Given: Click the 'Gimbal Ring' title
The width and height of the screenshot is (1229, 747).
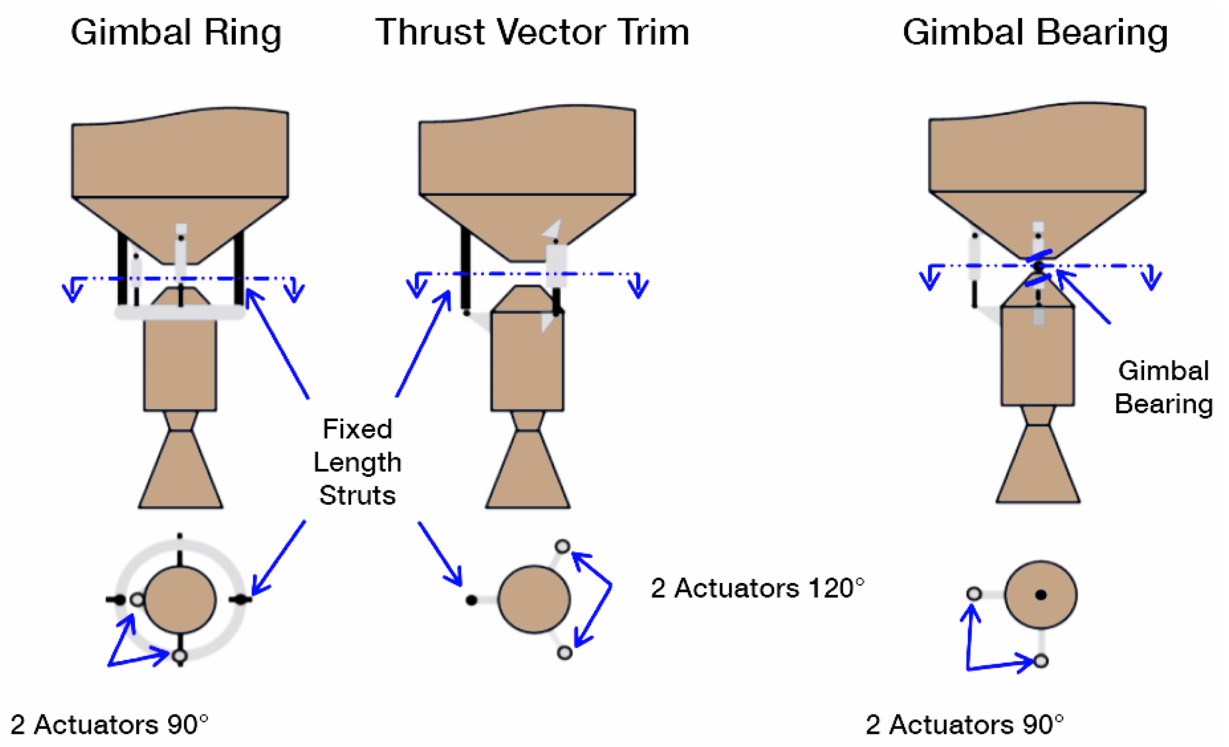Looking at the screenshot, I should [x=176, y=32].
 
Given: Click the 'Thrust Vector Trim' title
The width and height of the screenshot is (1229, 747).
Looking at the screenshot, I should [x=532, y=32].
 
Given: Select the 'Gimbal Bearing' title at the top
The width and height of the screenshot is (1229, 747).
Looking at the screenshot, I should [x=1035, y=32].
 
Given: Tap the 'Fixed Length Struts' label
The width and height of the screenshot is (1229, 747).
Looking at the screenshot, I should [x=357, y=462].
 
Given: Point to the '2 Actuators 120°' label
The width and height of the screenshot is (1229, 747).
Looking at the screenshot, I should [x=757, y=588].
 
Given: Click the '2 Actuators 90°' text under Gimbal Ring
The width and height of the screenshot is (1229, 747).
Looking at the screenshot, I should [x=109, y=725].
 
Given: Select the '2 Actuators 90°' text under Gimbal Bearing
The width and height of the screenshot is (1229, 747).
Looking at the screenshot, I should [x=964, y=725].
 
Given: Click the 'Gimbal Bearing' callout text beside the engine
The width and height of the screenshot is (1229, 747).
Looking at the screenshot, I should [x=1163, y=388].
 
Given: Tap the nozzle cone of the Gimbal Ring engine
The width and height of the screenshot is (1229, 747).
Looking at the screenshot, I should [x=180, y=471].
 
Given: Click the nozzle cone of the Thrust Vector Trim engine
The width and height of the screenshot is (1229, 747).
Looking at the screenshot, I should [x=528, y=471].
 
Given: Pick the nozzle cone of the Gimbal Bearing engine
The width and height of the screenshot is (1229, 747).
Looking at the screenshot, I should [x=1038, y=466].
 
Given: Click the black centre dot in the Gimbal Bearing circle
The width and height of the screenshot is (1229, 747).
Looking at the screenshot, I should [x=1041, y=595].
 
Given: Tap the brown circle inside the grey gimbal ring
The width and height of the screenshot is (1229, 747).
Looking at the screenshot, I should [x=180, y=600].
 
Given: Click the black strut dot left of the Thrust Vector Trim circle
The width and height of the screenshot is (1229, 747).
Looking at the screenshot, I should [x=471, y=600].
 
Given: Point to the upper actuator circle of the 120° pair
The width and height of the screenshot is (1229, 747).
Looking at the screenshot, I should [x=562, y=547].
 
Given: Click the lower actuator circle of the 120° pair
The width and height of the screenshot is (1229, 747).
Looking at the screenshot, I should [x=564, y=653].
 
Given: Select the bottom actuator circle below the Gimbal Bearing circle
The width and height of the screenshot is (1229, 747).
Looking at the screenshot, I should [x=1041, y=661].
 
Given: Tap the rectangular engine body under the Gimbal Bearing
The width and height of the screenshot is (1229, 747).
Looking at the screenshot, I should [x=1038, y=356].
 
